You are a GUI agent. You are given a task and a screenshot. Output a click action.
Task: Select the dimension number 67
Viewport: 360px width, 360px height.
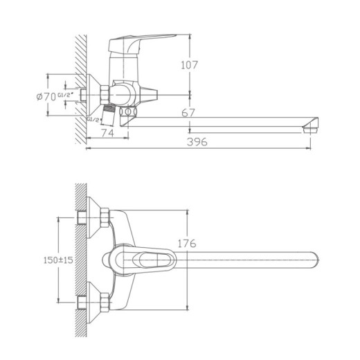(188, 113)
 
